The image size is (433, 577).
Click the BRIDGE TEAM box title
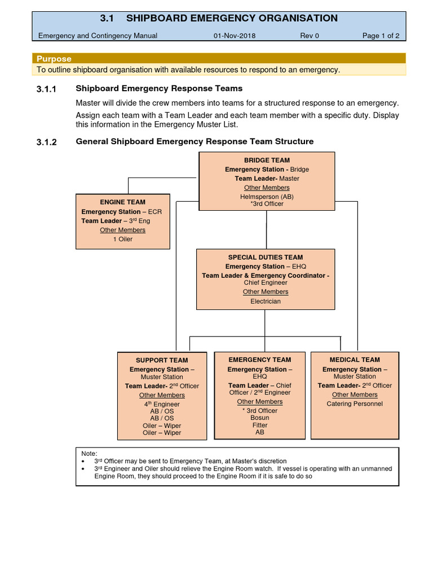(x=267, y=160)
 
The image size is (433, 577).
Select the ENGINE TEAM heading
(x=122, y=202)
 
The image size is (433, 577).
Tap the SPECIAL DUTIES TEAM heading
(x=265, y=257)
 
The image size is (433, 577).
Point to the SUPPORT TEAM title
(x=162, y=360)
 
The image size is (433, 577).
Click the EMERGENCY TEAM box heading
(x=260, y=359)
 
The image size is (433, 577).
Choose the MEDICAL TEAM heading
(x=355, y=359)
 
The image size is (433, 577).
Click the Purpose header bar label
(x=54, y=59)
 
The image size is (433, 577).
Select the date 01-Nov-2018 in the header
(x=234, y=35)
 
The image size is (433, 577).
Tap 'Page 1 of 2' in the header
(x=381, y=35)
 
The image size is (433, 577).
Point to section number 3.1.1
(x=47, y=88)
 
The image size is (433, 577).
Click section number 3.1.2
(x=47, y=142)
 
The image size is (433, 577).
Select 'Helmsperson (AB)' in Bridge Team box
(x=267, y=197)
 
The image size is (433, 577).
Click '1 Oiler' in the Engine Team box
(x=122, y=239)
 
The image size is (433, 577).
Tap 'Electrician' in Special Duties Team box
(x=265, y=301)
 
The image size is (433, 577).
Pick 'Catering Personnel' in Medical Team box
(x=355, y=403)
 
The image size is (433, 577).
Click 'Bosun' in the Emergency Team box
(x=260, y=418)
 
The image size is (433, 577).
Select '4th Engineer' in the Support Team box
(x=162, y=404)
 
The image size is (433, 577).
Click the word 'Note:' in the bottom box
(x=89, y=453)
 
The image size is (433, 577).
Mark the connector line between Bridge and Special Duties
(x=266, y=230)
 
